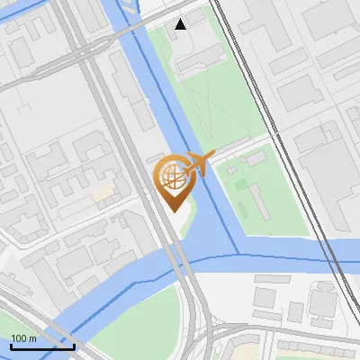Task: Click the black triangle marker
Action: coord(182,24)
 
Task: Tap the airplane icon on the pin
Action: coord(197,163)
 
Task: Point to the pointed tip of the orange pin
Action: coord(172,211)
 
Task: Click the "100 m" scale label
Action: coord(24,338)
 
